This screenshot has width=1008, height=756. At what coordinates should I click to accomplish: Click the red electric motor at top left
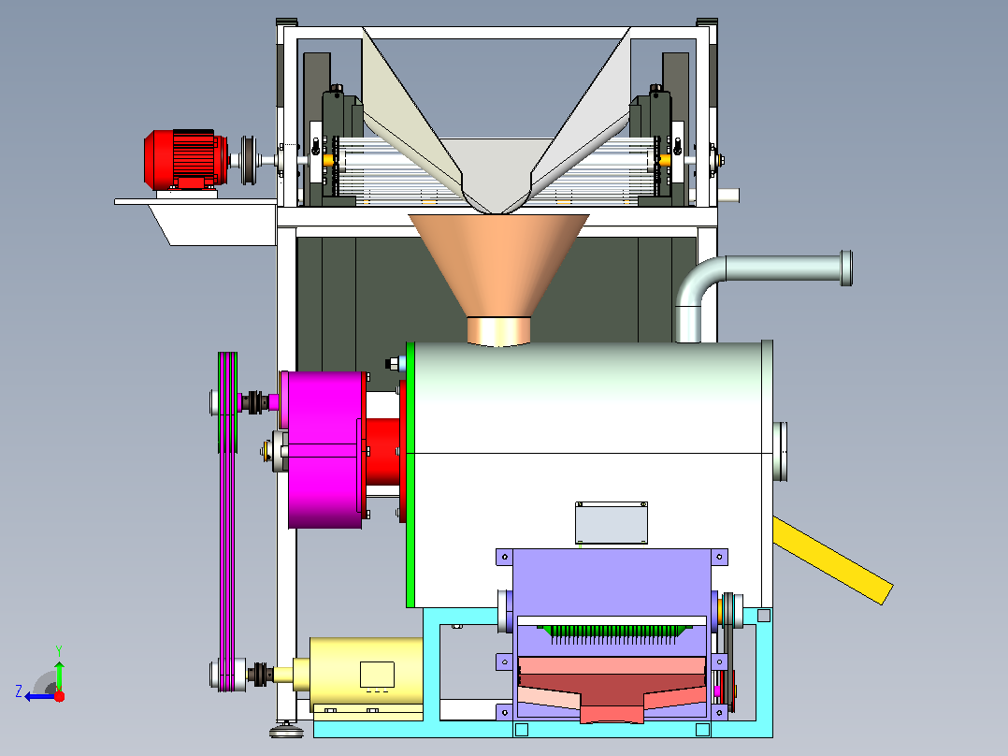185,160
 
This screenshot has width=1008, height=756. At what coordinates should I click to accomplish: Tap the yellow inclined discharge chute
832,560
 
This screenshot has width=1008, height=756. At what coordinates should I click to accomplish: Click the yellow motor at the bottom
364,676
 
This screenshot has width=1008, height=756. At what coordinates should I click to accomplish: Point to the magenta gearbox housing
324,449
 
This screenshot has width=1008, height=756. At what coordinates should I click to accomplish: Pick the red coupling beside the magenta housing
383,452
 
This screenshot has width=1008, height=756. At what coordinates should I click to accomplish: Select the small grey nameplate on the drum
612,522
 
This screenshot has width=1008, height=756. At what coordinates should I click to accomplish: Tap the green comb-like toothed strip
615,633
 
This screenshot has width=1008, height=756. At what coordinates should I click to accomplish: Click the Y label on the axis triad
59,650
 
